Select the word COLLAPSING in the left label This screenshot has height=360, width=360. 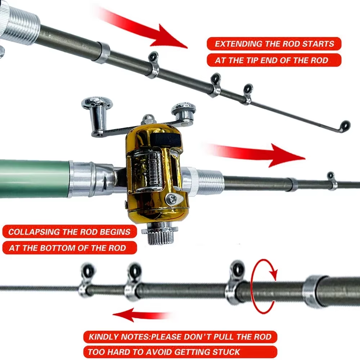[33, 231]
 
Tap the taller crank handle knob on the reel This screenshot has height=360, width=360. [96, 108]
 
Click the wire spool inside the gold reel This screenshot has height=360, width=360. [151, 169]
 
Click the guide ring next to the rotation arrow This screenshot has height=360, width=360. [237, 270]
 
